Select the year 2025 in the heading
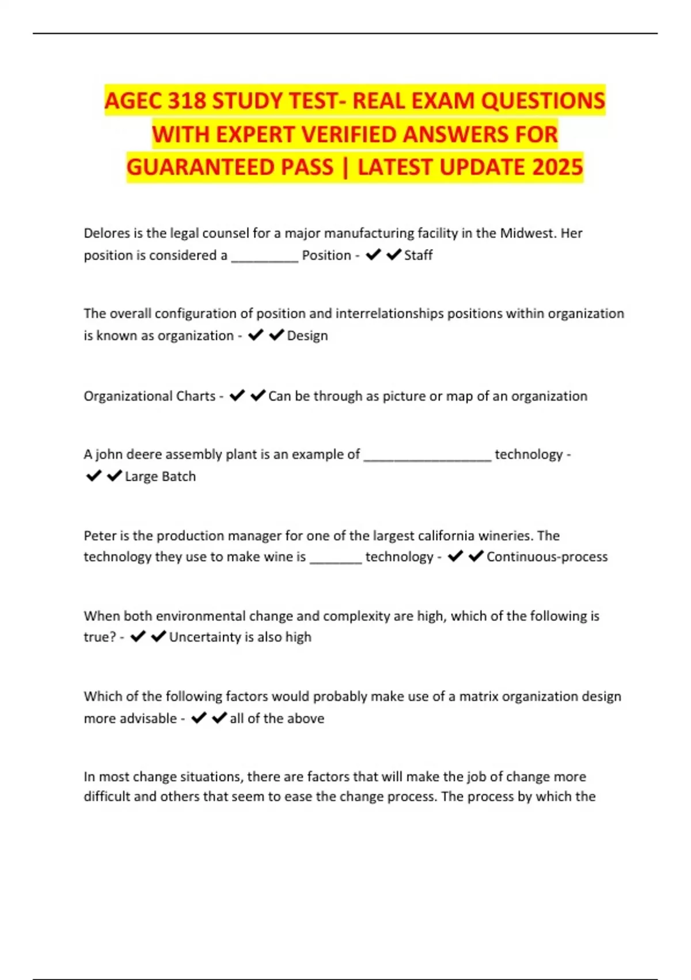[557, 167]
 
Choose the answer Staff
[418, 255]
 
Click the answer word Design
[307, 336]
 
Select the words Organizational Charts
[149, 396]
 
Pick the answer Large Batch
[160, 476]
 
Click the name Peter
[99, 536]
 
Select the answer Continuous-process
[547, 556]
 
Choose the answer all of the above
[277, 718]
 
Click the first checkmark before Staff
[373, 254]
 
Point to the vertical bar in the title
[345, 167]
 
